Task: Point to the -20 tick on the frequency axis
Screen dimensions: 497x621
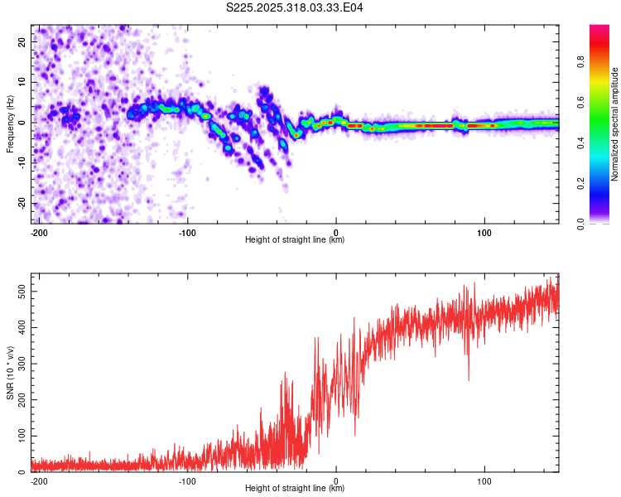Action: pyautogui.click(x=21, y=203)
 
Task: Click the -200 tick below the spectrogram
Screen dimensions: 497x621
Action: pyautogui.click(x=38, y=231)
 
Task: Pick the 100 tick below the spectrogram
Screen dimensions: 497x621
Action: pyautogui.click(x=485, y=231)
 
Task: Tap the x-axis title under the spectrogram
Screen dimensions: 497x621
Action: pyautogui.click(x=295, y=240)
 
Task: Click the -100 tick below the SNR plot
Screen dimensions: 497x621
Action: pyautogui.click(x=187, y=480)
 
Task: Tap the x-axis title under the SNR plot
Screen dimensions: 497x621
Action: pyautogui.click(x=295, y=489)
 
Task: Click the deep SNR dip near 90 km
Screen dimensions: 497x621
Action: pyautogui.click(x=469, y=379)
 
